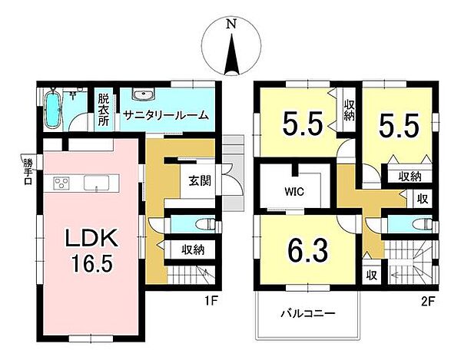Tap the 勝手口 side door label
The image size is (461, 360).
pyautogui.click(x=28, y=171)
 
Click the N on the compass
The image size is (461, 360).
pyautogui.click(x=230, y=25)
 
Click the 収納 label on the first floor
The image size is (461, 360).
pyautogui.click(x=193, y=249)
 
